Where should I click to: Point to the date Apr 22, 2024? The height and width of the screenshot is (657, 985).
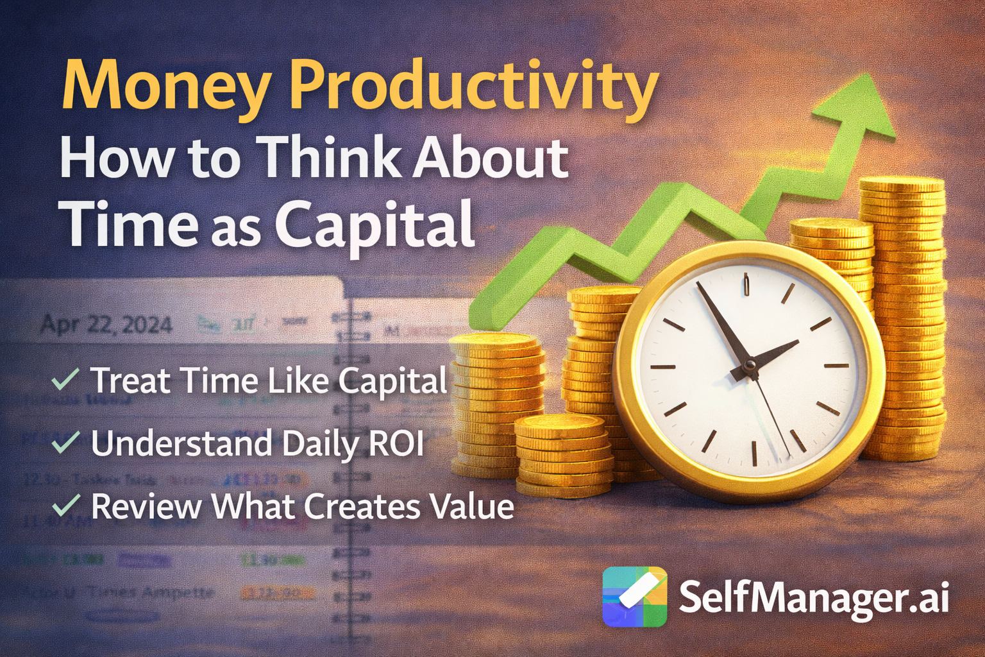point(106,325)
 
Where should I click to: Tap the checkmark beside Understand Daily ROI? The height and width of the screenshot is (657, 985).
point(65,442)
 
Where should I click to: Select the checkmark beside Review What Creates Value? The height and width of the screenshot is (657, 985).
point(65,505)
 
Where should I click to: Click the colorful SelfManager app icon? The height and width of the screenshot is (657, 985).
point(634,597)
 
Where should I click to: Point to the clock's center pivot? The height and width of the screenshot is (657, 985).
point(748,366)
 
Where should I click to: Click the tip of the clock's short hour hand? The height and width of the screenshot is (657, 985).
point(797,342)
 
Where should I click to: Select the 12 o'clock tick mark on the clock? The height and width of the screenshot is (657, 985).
point(746,284)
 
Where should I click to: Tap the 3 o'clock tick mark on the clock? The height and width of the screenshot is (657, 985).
point(836,366)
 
